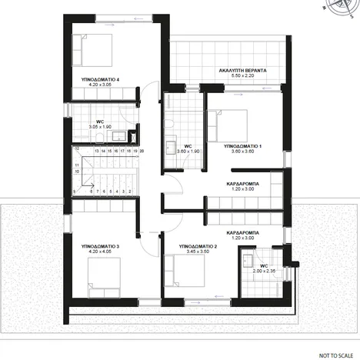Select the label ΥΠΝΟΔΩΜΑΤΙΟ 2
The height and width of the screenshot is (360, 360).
(198, 246)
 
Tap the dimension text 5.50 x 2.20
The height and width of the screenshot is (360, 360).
(243, 76)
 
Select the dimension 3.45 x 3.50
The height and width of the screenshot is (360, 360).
(198, 252)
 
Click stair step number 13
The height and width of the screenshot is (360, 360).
(97, 152)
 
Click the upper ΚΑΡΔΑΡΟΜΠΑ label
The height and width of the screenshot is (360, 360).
(242, 185)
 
